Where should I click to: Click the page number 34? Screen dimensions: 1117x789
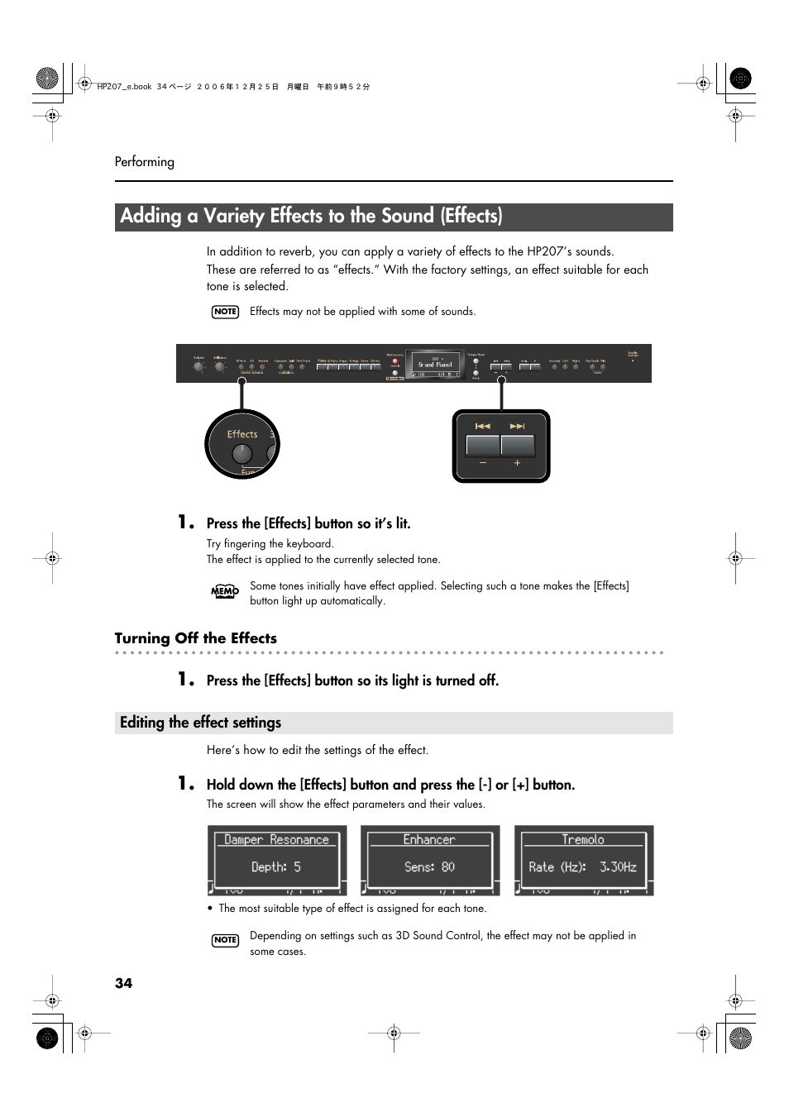tap(123, 983)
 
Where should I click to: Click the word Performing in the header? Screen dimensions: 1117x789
tap(144, 162)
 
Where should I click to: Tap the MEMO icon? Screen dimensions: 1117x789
tap(224, 591)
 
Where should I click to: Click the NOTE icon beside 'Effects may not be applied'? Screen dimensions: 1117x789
tap(225, 312)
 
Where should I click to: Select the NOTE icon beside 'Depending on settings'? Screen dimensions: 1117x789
tap(225, 940)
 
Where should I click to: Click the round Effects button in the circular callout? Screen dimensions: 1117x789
tap(241, 453)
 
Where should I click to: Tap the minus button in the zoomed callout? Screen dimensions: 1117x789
tap(483, 446)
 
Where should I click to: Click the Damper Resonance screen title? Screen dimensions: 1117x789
tap(276, 839)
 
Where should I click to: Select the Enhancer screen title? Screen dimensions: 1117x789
tap(429, 839)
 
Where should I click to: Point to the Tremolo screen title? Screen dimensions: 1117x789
tap(583, 839)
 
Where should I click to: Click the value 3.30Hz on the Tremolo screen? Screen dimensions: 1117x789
tap(618, 867)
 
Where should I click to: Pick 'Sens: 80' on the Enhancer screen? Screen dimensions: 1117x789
tap(429, 867)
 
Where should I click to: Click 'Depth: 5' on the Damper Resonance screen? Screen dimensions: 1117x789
tap(276, 867)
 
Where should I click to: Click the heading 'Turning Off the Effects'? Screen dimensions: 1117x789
tap(196, 638)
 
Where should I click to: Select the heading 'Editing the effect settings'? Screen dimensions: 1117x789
tap(200, 723)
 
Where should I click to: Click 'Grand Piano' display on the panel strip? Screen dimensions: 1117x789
tap(435, 365)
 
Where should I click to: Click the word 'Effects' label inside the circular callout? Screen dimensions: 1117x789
tap(242, 434)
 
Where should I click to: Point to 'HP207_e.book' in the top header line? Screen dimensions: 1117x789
tap(124, 87)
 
